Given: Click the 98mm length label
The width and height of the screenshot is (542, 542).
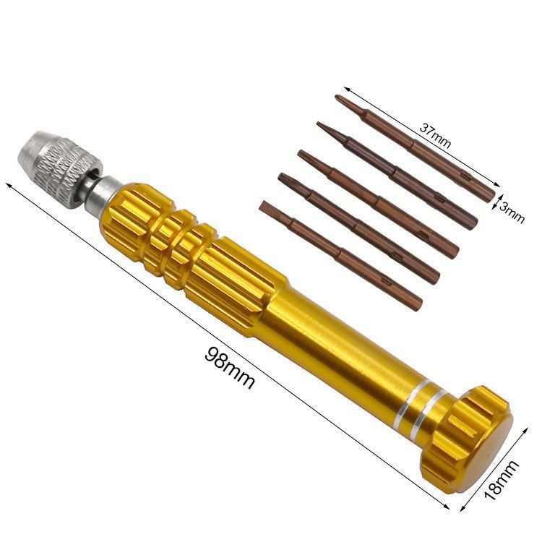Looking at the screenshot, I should [230, 367].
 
